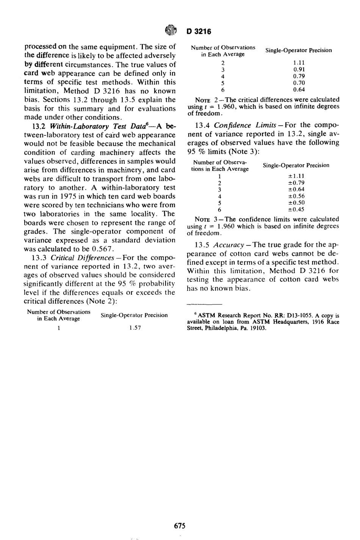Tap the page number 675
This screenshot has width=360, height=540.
click(x=180, y=525)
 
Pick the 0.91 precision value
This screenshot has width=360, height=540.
click(x=299, y=69)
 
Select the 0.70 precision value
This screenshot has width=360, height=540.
click(x=299, y=83)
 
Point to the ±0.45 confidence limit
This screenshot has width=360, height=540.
click(x=296, y=209)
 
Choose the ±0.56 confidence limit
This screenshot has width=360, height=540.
click(x=296, y=196)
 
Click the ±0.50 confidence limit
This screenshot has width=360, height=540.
click(x=296, y=203)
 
